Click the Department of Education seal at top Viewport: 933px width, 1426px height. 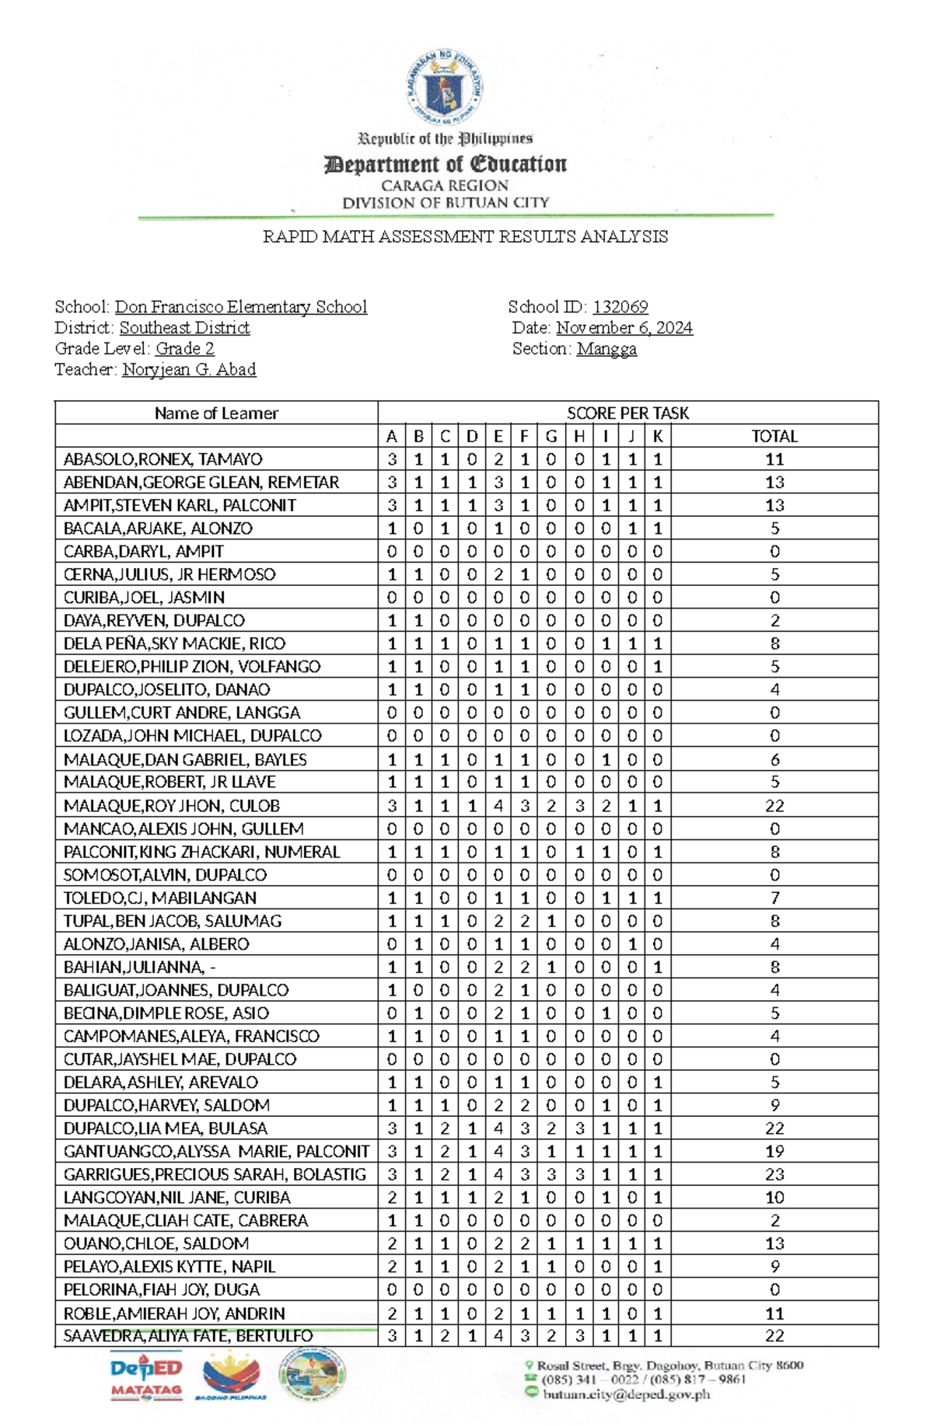[444, 87]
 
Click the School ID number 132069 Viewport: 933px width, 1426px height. [620, 307]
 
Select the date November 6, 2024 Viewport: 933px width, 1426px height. [624, 328]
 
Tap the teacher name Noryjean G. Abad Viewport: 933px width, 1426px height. [189, 369]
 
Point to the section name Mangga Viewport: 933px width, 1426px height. [606, 349]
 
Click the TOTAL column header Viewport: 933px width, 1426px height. [774, 436]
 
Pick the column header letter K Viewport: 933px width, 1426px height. [658, 436]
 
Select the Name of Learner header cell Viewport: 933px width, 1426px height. [216, 413]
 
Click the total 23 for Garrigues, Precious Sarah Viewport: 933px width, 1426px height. [774, 1174]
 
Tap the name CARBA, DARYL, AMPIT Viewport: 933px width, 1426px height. [144, 551]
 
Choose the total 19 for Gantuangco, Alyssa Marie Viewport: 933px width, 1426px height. [774, 1151]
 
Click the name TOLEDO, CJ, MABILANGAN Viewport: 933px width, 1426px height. [160, 898]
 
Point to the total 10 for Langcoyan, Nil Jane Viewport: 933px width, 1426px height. [774, 1198]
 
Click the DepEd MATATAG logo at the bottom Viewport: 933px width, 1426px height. [146, 1378]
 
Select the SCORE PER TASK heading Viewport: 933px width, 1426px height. [627, 413]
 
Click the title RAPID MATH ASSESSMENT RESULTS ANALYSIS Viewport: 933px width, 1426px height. [465, 237]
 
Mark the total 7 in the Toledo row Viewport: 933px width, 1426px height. [774, 898]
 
